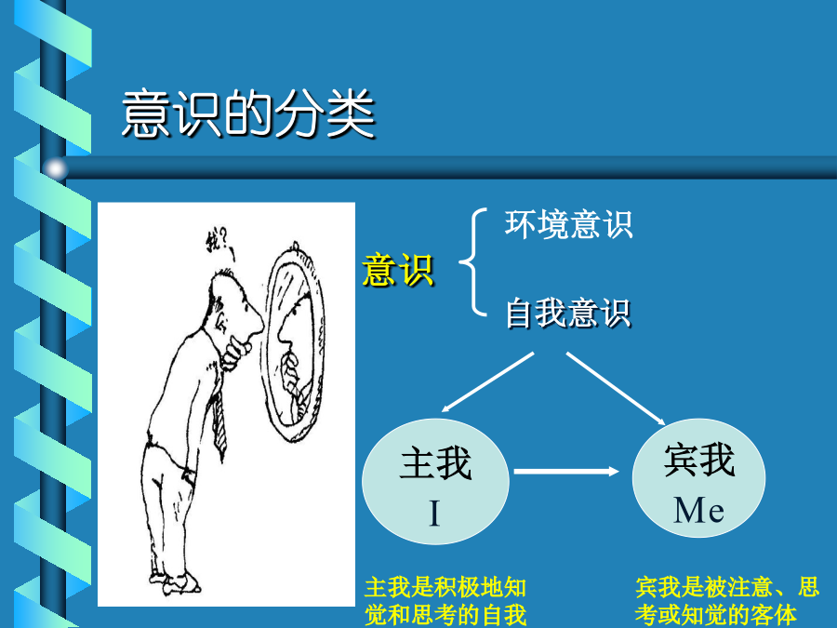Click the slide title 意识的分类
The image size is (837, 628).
coord(248,114)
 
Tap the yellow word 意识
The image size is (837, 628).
coord(398,270)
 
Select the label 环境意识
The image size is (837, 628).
coord(568,224)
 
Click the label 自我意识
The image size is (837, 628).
coord(568,313)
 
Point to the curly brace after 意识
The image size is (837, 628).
coord(473,261)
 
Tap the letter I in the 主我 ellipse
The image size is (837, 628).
coord(434,514)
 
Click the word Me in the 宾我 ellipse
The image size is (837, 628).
coord(698,510)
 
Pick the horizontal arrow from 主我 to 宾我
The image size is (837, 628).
coord(566,472)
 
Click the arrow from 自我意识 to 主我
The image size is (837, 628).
coord(488,381)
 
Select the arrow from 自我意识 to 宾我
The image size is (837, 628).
coord(616,388)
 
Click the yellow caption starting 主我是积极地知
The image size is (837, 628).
coord(445,601)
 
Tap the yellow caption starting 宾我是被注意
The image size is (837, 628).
coord(727,601)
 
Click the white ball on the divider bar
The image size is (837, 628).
coord(56,168)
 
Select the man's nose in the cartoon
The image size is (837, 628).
coord(258,321)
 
